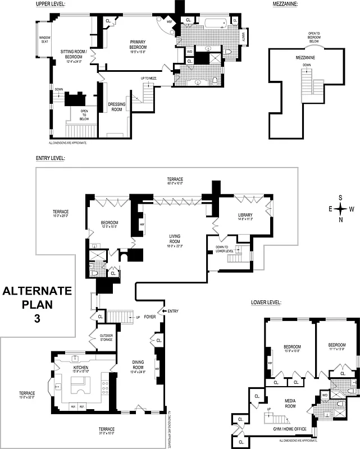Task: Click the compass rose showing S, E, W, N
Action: coord(340,208)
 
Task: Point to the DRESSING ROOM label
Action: coord(116,107)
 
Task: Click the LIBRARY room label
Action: coord(245,216)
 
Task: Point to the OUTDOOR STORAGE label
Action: coord(107,337)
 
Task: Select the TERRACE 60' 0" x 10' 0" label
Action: coord(175,181)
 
